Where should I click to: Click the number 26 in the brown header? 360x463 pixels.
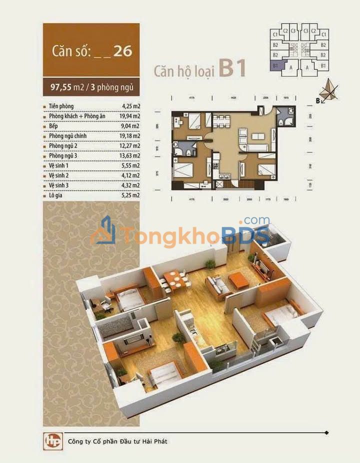pos(122,51)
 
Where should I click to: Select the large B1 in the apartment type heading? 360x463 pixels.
pos(232,69)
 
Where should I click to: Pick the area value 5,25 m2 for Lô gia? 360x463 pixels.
pos(130,195)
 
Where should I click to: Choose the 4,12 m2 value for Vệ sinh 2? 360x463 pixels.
pos(130,175)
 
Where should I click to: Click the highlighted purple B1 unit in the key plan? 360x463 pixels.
pos(275,65)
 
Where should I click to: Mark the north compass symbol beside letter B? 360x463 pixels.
pos(329,89)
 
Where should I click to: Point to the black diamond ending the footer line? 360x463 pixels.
pos(326,432)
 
